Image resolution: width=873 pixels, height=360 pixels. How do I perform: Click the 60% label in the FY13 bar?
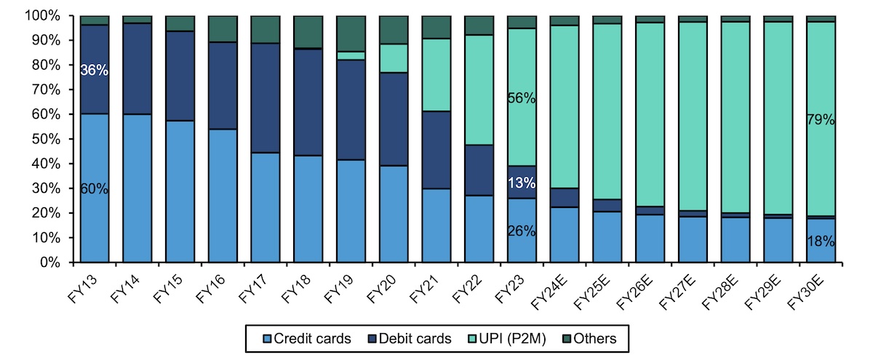tap(95, 189)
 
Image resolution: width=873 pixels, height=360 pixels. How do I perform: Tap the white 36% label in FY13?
tap(95, 71)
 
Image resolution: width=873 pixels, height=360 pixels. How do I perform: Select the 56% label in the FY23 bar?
tap(522, 99)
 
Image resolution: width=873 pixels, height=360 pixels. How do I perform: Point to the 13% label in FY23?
tap(522, 182)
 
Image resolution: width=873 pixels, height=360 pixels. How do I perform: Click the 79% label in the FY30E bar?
tap(821, 120)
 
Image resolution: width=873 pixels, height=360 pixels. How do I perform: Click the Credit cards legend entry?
tap(308, 338)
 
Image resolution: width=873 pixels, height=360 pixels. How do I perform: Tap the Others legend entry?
tap(588, 338)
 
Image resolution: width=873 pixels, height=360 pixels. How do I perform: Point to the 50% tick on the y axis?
tap(52, 139)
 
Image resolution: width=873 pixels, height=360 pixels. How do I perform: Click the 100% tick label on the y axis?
tap(49, 15)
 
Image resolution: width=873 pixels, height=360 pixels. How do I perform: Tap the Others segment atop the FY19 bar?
tap(351, 33)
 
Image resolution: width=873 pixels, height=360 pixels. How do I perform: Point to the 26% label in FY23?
tap(522, 232)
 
